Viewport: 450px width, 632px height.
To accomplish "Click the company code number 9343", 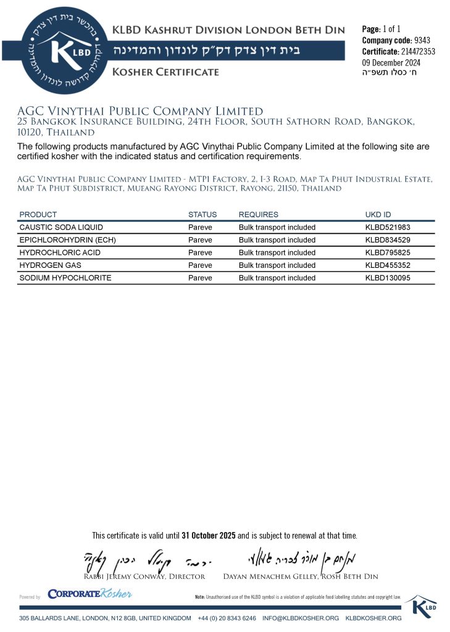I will [x=422, y=40].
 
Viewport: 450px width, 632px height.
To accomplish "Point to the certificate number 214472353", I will [x=417, y=51].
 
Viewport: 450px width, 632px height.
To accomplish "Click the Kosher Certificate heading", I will [x=165, y=72].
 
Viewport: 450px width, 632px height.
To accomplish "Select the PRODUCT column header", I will [x=38, y=215].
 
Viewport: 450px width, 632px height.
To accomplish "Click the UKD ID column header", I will [x=378, y=215].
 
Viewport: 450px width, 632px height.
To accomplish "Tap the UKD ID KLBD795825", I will [x=388, y=253].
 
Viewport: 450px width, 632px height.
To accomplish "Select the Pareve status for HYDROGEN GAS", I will [x=200, y=265].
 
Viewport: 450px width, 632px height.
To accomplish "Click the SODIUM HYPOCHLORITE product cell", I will [x=65, y=278].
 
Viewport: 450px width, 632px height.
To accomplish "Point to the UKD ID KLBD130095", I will [x=388, y=278].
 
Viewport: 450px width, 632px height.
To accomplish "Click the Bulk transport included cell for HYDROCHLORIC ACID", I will [x=277, y=253].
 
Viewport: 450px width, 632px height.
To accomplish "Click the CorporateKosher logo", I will [x=90, y=594].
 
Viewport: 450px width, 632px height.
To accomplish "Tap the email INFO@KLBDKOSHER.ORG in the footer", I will [x=301, y=618].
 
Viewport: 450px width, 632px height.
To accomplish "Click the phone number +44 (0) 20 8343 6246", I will [x=227, y=618].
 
